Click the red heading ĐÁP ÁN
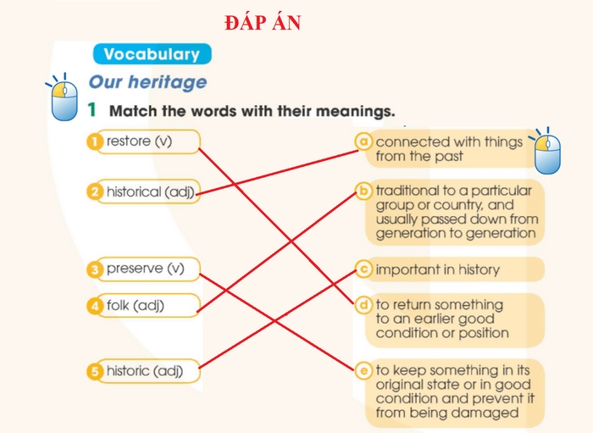point(263,24)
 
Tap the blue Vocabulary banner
point(152,54)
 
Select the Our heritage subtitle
point(147,82)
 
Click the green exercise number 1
point(93,110)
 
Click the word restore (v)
point(139,142)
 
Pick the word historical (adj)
point(150,192)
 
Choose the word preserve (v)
point(145,269)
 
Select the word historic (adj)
point(144,371)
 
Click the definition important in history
point(437,269)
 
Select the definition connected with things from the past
point(449,149)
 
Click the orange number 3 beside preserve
point(95,269)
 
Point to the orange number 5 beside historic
point(95,371)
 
